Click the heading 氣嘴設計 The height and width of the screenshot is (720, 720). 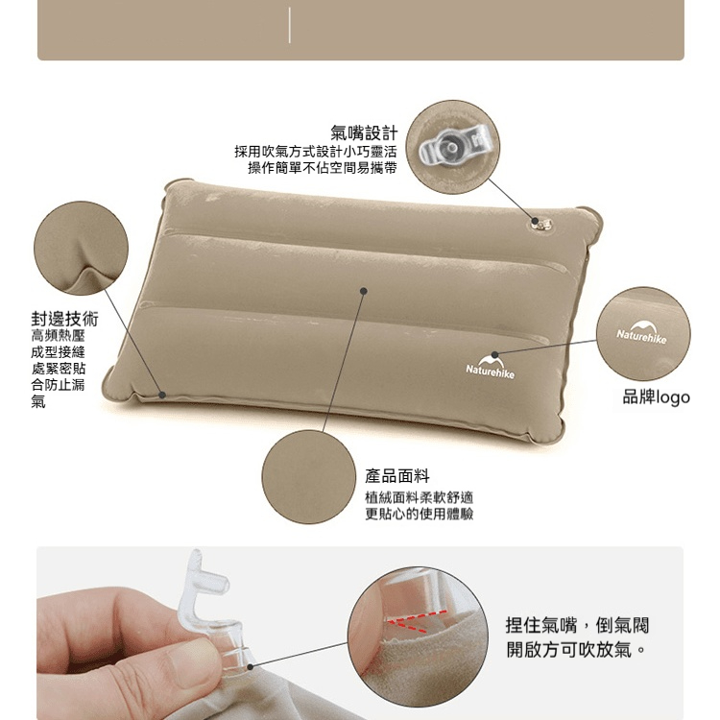[364, 133]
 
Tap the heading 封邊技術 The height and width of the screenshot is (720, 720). [64, 318]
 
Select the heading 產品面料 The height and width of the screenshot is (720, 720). [397, 476]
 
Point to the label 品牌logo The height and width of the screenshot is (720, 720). [657, 397]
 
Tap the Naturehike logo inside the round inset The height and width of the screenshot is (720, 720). [641, 333]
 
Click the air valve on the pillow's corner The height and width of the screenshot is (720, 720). [542, 224]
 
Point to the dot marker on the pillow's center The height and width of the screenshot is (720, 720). [364, 291]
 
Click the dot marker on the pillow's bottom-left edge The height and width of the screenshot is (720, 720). [162, 395]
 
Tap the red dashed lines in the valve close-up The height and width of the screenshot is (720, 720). [416, 620]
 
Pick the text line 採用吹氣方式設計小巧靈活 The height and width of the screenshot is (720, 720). [316, 152]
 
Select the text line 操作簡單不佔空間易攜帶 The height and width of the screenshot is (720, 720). [323, 168]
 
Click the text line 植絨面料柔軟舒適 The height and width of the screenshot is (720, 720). [420, 497]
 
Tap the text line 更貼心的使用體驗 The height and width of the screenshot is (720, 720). [420, 515]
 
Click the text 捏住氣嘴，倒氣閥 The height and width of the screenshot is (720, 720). [578, 625]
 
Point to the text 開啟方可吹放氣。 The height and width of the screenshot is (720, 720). [577, 650]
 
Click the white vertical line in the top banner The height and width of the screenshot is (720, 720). [289, 25]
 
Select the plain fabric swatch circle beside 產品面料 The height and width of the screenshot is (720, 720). [308, 477]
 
